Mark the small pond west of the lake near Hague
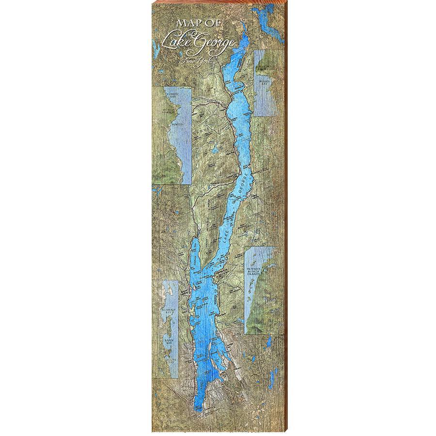pos(214,151)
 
